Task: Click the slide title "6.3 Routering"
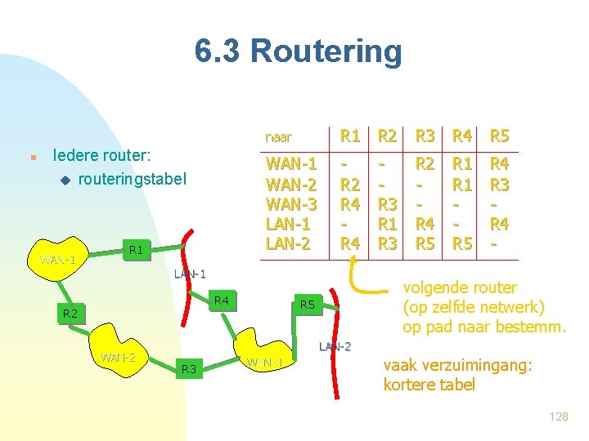(299, 51)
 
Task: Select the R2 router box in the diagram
(70, 314)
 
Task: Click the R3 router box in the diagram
(190, 370)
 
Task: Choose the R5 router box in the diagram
(308, 305)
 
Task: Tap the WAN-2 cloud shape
(118, 357)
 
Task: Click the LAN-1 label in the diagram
(190, 274)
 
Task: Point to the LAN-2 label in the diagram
(334, 347)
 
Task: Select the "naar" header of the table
(278, 137)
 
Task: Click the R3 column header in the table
(425, 136)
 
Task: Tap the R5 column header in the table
(499, 136)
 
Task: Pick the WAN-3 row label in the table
(292, 203)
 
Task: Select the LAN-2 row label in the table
(288, 242)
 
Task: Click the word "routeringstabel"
(133, 178)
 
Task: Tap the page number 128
(559, 416)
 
